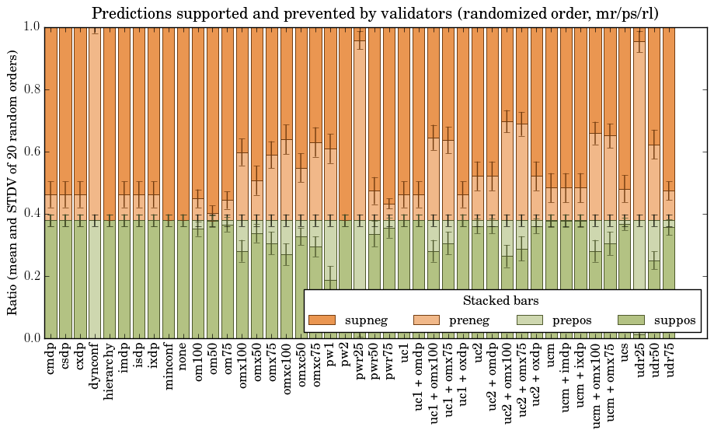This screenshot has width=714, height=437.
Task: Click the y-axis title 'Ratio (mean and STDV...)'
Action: (x=13, y=182)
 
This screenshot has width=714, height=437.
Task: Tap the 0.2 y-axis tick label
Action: (x=29, y=276)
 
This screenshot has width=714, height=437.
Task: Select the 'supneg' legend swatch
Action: (x=322, y=320)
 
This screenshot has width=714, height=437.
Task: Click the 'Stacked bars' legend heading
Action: (x=501, y=300)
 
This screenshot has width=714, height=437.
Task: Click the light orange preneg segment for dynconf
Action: (x=95, y=124)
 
